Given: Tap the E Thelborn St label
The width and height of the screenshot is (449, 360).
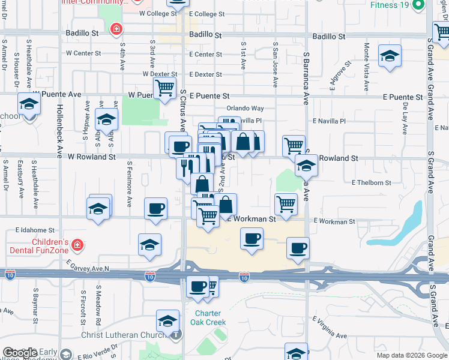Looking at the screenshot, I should pos(371,182).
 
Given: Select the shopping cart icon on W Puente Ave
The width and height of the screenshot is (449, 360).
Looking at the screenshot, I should pos(164,88).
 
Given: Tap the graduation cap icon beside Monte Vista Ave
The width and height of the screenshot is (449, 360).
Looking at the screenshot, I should pos(390,57).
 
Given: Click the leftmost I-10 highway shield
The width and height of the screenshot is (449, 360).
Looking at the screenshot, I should pos(10,275).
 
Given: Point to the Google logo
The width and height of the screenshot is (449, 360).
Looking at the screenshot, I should pos(21,353).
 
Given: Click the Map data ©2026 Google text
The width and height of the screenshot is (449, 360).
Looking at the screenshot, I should pos(412,355).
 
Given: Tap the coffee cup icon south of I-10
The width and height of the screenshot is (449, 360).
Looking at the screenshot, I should pos(197,287).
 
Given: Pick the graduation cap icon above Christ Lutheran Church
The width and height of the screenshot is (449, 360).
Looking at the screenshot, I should pos(168,320).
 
